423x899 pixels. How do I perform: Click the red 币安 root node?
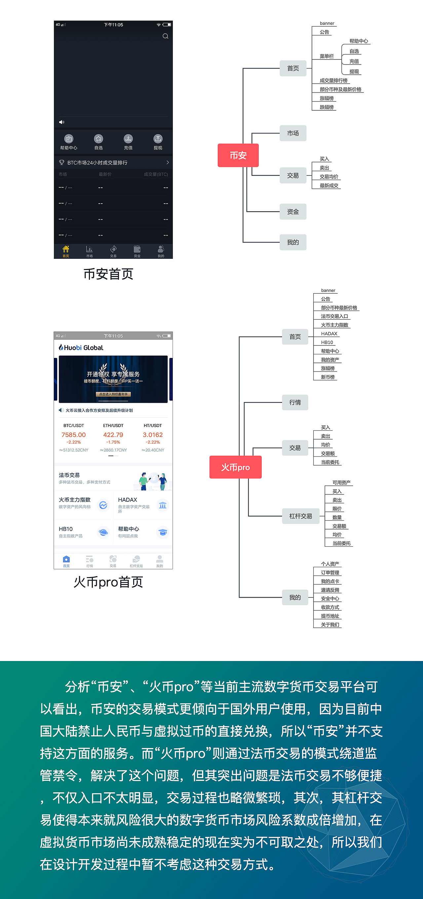click(238, 155)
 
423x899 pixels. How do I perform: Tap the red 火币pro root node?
click(235, 467)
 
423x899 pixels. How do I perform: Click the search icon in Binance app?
click(166, 36)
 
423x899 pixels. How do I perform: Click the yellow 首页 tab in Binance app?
click(66, 251)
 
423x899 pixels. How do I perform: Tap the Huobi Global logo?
click(81, 348)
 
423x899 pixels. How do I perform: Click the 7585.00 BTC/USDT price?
click(73, 435)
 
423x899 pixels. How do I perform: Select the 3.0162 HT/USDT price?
click(153, 435)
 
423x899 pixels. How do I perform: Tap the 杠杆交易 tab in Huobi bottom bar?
click(136, 561)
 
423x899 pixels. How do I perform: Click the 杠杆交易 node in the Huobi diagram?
click(300, 516)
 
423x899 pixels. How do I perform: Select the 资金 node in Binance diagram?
click(293, 212)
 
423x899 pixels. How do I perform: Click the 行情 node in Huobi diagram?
click(295, 402)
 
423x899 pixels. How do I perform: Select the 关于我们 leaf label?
click(330, 624)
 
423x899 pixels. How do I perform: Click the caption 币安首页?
click(108, 274)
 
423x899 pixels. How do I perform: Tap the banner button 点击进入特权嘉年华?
click(113, 394)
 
